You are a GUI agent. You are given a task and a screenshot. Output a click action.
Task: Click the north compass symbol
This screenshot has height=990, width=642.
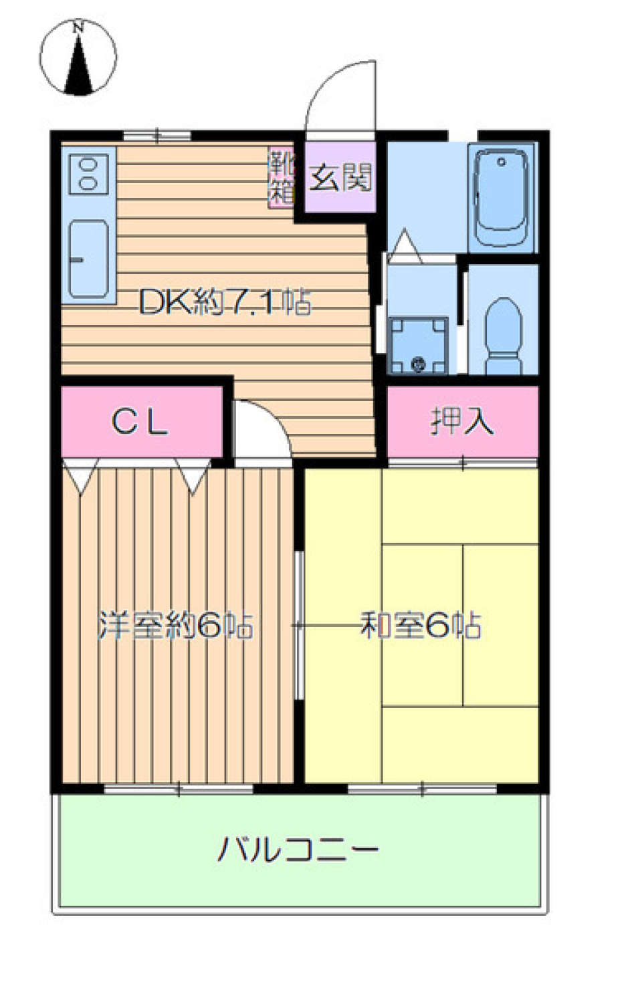78,57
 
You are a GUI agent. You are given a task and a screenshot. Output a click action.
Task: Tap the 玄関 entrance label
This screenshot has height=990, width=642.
340,177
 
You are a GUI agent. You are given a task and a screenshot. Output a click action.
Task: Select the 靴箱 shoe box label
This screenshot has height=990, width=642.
282,177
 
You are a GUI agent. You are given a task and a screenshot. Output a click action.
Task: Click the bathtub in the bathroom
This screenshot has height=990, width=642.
502,197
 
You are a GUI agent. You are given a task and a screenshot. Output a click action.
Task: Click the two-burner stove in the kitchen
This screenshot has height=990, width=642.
88,173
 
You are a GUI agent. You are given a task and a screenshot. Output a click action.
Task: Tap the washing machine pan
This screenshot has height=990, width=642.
419,345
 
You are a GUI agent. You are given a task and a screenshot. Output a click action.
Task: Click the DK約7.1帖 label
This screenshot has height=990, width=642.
225,303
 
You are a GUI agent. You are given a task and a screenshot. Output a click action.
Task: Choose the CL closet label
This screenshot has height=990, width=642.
140,422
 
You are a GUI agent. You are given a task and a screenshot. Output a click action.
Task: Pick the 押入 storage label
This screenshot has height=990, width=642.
462,421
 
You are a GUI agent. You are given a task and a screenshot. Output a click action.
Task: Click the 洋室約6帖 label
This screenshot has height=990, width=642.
175,626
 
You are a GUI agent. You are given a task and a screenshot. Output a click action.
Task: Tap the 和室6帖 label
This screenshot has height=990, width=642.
421,625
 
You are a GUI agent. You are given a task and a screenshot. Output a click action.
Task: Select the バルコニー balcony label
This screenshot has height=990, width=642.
298,849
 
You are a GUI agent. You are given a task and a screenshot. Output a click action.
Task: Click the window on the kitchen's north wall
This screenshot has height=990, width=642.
157,136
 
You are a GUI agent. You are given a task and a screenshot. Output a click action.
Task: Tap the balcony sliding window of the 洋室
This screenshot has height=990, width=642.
179,789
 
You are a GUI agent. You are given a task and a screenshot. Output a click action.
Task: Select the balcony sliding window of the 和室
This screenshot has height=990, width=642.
422,789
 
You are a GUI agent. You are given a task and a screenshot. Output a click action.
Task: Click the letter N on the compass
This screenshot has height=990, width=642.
78,27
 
